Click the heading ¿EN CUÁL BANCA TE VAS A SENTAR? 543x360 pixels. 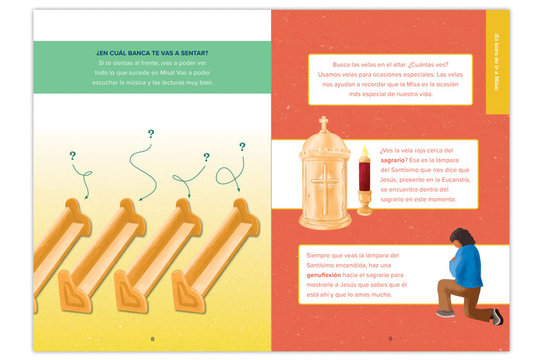click(152, 53)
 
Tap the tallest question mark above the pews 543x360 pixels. click(151, 134)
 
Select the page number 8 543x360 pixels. click(152, 339)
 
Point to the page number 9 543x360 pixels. click(390, 339)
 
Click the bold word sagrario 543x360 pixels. click(392, 160)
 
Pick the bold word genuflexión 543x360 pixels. click(324, 275)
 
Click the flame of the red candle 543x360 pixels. click(364, 151)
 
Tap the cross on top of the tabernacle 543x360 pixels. click(324, 123)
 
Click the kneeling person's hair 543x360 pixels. click(462, 237)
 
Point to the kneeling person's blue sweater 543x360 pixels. click(466, 266)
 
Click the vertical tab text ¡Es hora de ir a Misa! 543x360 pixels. click(497, 62)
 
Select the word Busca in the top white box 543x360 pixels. click(340, 65)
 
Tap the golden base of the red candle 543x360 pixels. click(364, 203)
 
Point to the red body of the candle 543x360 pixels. click(364, 176)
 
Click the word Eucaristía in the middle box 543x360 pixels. click(455, 180)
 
